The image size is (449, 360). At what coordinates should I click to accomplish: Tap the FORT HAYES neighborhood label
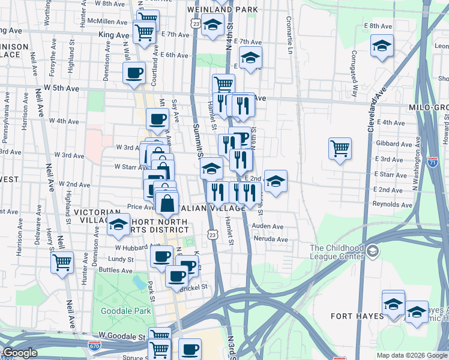pyautogui.click(x=357, y=316)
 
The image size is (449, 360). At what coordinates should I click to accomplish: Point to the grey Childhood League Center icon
pyautogui.click(x=373, y=250)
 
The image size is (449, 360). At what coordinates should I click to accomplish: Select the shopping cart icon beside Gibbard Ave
pyautogui.click(x=340, y=148)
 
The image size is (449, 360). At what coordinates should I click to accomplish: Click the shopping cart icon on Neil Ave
pyautogui.click(x=62, y=262)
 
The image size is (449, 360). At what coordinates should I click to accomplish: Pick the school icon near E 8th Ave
pyautogui.click(x=381, y=46)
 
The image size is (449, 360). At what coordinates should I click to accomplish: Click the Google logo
pyautogui.click(x=19, y=353)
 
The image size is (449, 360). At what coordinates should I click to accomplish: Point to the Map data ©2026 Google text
pyautogui.click(x=411, y=355)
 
